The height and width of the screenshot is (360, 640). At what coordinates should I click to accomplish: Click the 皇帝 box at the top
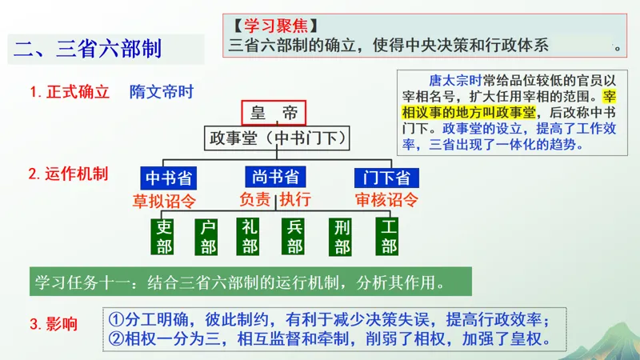274,113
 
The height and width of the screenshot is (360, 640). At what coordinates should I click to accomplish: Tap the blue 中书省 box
169,177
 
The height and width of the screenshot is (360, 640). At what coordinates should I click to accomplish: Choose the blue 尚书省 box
275,177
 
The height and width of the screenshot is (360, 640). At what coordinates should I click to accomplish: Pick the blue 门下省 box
386,177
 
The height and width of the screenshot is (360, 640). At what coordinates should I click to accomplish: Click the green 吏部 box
165,236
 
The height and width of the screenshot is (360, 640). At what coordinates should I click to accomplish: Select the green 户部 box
209,236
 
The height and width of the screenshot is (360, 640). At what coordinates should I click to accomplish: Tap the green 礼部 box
250,236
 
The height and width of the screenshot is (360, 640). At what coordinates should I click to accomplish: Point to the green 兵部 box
294,236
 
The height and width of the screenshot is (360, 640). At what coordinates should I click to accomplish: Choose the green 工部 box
389,236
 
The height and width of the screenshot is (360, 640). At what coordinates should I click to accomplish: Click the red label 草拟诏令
165,200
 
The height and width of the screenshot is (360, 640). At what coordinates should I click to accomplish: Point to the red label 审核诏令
387,200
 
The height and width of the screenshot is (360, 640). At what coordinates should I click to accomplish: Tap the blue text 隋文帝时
162,91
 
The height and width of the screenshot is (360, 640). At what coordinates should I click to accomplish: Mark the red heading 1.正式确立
70,91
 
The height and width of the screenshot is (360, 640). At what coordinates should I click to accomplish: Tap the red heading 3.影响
54,324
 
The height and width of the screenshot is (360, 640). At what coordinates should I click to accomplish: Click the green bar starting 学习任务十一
248,283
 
